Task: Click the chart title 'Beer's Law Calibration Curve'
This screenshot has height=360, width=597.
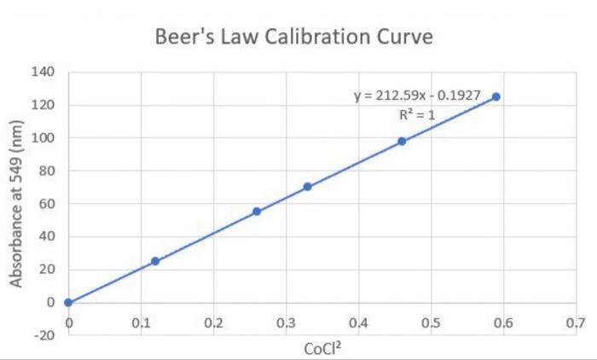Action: (x=295, y=38)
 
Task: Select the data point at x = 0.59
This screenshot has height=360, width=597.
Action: (x=496, y=96)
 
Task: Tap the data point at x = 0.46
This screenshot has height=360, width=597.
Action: (x=402, y=141)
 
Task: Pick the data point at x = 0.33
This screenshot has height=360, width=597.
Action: (x=307, y=187)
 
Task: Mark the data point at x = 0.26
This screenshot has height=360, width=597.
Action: (x=257, y=211)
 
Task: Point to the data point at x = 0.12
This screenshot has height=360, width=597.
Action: (x=155, y=261)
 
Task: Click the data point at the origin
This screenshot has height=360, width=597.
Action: (x=68, y=302)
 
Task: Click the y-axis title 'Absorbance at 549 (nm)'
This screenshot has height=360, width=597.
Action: (x=16, y=203)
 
